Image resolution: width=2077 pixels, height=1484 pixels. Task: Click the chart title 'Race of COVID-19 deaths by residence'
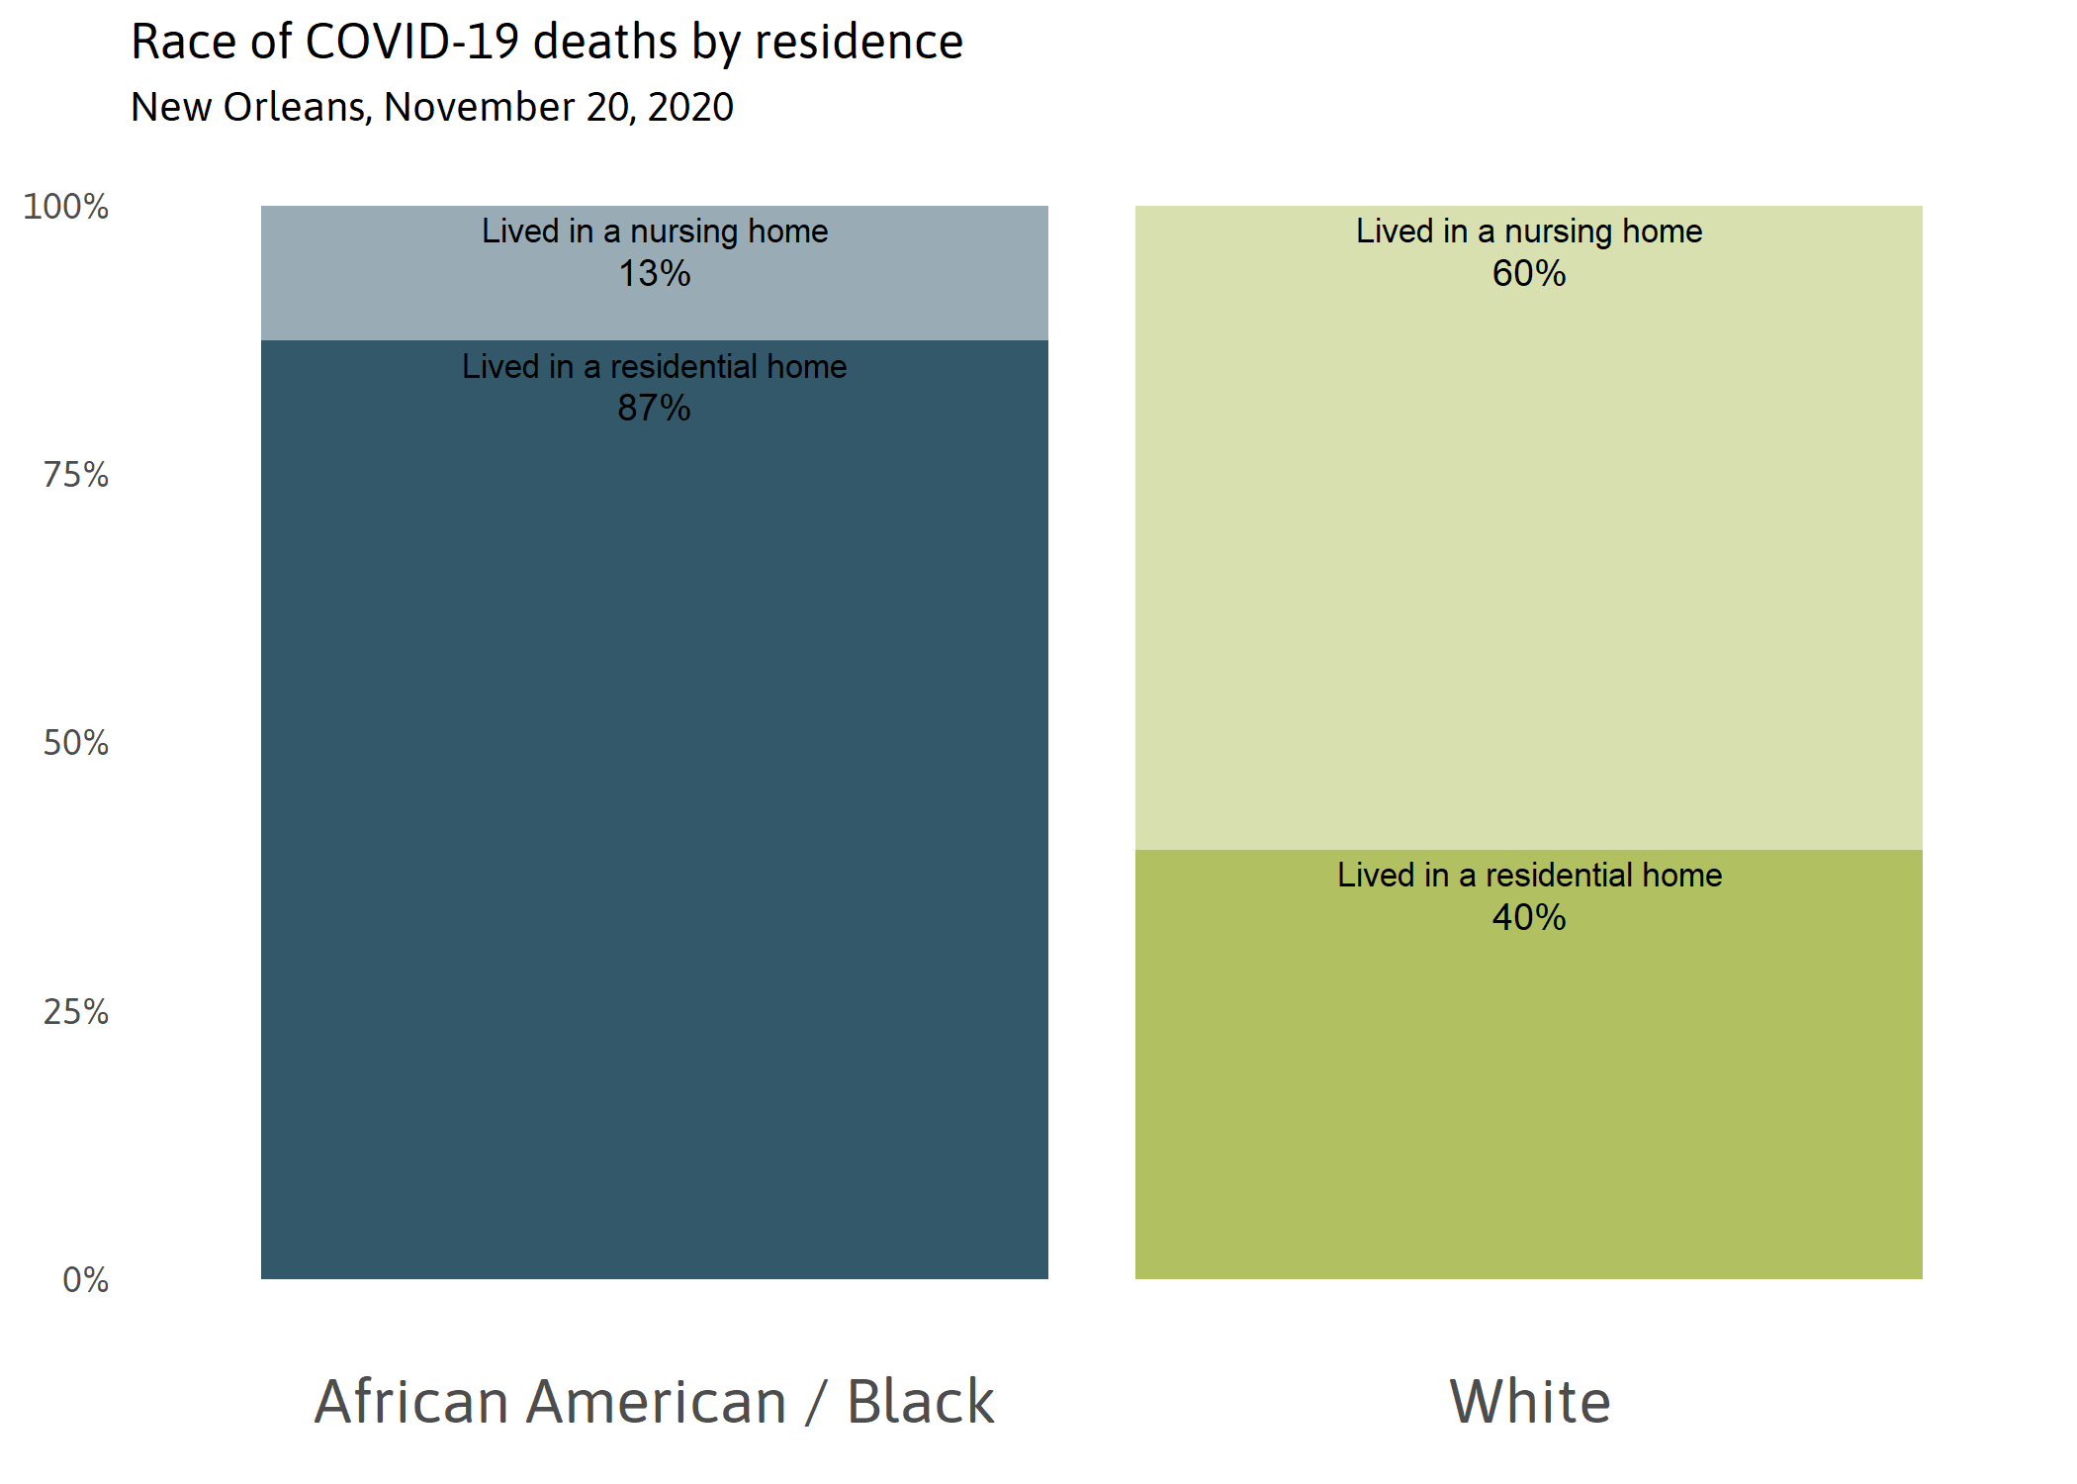[x=547, y=43]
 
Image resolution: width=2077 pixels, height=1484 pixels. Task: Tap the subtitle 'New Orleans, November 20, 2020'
[x=432, y=107]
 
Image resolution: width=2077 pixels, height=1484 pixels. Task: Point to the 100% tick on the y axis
[x=65, y=207]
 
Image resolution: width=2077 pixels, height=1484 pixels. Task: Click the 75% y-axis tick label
[x=75, y=475]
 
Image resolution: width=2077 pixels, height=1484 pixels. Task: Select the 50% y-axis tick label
[x=75, y=743]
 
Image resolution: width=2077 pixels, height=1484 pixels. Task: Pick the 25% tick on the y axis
[x=75, y=1011]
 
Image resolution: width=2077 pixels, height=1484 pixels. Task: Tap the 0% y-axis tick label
[x=85, y=1279]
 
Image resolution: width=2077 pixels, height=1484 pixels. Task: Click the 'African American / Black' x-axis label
[x=654, y=1401]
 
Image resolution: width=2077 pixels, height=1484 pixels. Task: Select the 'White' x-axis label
[x=1529, y=1401]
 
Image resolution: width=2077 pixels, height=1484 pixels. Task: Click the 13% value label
[x=654, y=273]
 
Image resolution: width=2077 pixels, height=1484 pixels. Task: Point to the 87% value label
[x=654, y=408]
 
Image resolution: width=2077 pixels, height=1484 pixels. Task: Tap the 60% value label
[x=1529, y=273]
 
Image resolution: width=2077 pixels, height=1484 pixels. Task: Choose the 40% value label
[x=1529, y=917]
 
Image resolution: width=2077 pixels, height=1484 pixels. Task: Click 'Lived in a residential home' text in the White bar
[x=1529, y=875]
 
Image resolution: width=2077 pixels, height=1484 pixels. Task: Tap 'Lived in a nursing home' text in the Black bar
[x=654, y=231]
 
